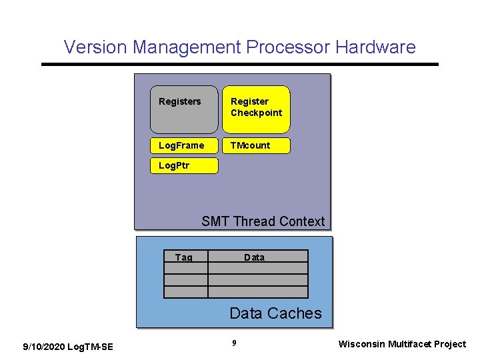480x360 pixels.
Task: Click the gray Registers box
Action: (184, 109)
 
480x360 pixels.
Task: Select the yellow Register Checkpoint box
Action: (256, 109)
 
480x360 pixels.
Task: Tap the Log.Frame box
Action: (184, 145)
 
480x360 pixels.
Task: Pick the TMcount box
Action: (256, 145)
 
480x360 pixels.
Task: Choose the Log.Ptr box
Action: (184, 165)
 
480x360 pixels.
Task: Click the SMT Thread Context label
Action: (263, 221)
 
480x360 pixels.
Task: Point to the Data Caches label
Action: (275, 313)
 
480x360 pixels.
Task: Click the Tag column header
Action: (184, 257)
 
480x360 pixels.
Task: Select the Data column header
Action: (254, 257)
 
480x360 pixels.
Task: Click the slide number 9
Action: (234, 343)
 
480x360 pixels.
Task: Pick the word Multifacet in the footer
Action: (412, 344)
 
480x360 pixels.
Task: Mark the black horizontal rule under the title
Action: (240, 64)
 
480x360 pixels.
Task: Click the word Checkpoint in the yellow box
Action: (257, 113)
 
